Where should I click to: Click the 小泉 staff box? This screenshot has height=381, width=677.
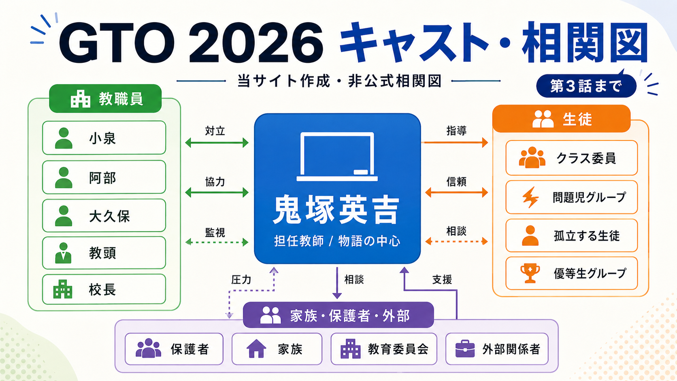pos(104,138)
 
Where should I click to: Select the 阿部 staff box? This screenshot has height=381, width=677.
pos(104,177)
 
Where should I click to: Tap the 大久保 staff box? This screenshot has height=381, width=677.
pos(104,215)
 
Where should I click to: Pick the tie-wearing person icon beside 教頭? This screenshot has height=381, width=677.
pos(64,253)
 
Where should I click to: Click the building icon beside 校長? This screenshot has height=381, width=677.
pos(63,289)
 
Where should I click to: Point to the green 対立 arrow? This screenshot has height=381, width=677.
pos(217,142)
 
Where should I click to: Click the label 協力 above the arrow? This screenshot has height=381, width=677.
pos(215,182)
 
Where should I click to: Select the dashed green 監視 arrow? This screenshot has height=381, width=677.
pos(217,242)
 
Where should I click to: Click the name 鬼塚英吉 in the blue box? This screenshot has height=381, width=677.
pos(337,210)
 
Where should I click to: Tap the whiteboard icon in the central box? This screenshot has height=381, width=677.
pos(337,157)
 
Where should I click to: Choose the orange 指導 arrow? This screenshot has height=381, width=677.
pos(455,142)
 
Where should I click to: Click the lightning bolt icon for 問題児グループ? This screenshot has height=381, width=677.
pos(530,197)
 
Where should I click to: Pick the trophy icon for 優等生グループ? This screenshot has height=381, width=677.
pos(530,273)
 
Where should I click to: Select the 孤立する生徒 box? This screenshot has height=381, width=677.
pos(571,236)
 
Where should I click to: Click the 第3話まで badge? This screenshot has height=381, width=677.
pos(586,86)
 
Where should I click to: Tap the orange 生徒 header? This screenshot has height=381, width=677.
pos(561,119)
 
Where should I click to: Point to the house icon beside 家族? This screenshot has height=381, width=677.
pos(256,349)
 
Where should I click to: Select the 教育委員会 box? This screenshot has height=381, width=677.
pos(384,349)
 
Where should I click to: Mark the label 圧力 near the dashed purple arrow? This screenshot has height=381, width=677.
pos(241,280)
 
